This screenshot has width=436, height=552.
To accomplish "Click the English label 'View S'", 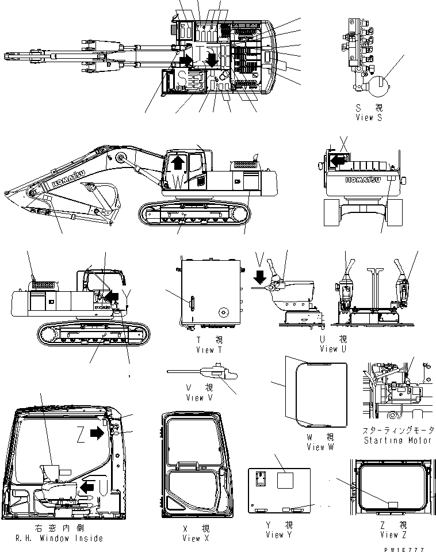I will (x=369, y=117).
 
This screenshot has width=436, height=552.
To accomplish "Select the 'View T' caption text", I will (x=205, y=349).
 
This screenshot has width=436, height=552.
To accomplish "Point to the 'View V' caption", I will (x=195, y=398).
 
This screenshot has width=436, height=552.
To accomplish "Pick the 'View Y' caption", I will (x=274, y=535).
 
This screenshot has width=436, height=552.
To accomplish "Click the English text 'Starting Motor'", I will (x=397, y=440).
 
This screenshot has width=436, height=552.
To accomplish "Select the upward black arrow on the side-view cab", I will (x=178, y=162).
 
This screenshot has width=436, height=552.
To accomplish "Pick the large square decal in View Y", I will (x=286, y=481).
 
